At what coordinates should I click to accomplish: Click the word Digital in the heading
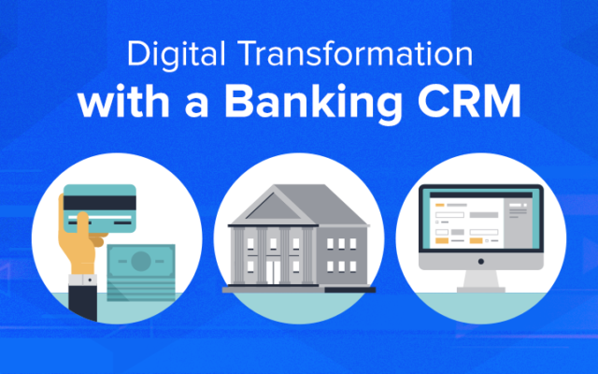tap(177, 55)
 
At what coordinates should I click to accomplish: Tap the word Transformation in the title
tap(355, 53)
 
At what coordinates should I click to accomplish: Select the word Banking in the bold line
tap(313, 102)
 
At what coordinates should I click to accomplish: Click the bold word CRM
tap(469, 100)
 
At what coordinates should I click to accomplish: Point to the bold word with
tap(123, 101)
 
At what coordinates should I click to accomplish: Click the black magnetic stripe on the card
tap(100, 203)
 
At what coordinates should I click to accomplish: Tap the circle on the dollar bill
tap(141, 262)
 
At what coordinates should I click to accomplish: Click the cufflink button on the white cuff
tap(90, 280)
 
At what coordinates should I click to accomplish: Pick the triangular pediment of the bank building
tap(274, 208)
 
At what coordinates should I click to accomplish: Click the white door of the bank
tap(273, 272)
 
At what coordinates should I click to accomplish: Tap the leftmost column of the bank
tap(239, 255)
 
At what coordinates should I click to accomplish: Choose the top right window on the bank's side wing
tap(353, 244)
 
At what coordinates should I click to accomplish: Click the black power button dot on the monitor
tap(481, 262)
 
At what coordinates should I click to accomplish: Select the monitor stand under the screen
tap(481, 281)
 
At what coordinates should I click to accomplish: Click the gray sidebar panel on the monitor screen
tap(522, 223)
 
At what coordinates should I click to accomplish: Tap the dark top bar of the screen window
tap(481, 195)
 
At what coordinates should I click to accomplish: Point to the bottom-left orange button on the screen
tap(442, 241)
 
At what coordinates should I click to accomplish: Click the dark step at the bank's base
tap(350, 290)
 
